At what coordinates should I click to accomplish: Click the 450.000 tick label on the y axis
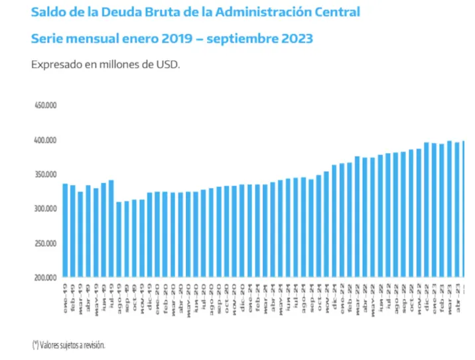click(x=46, y=105)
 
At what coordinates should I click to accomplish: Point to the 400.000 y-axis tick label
click(x=46, y=141)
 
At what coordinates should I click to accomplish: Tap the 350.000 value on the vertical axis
click(x=46, y=174)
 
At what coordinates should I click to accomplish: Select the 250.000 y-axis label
click(x=46, y=243)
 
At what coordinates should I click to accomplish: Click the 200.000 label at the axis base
click(x=46, y=277)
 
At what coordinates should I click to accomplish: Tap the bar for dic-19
click(x=150, y=235)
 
